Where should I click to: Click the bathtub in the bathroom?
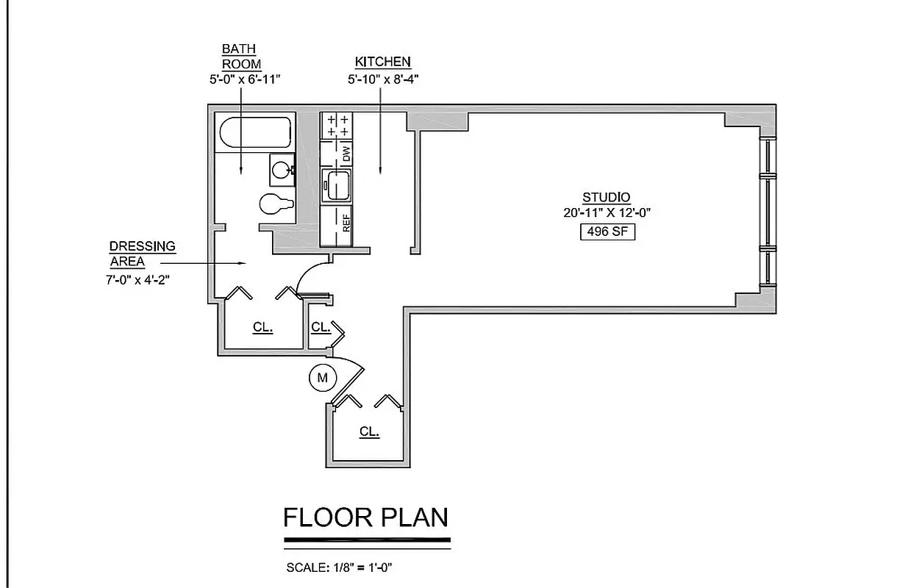point(254,134)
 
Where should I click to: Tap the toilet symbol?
point(276,204)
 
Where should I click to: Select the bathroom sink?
point(281,169)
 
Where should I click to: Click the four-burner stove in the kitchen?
point(337,125)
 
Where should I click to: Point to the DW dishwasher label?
point(346,154)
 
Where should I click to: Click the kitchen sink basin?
point(337,184)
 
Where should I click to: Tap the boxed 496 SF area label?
point(607,232)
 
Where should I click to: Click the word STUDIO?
point(606,197)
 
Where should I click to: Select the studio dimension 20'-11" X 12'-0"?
point(607,213)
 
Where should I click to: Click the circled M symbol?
point(321,379)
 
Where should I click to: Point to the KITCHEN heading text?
point(382,62)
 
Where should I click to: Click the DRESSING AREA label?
point(142,254)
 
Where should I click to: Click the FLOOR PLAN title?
point(365,517)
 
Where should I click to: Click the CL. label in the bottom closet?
point(369,432)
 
